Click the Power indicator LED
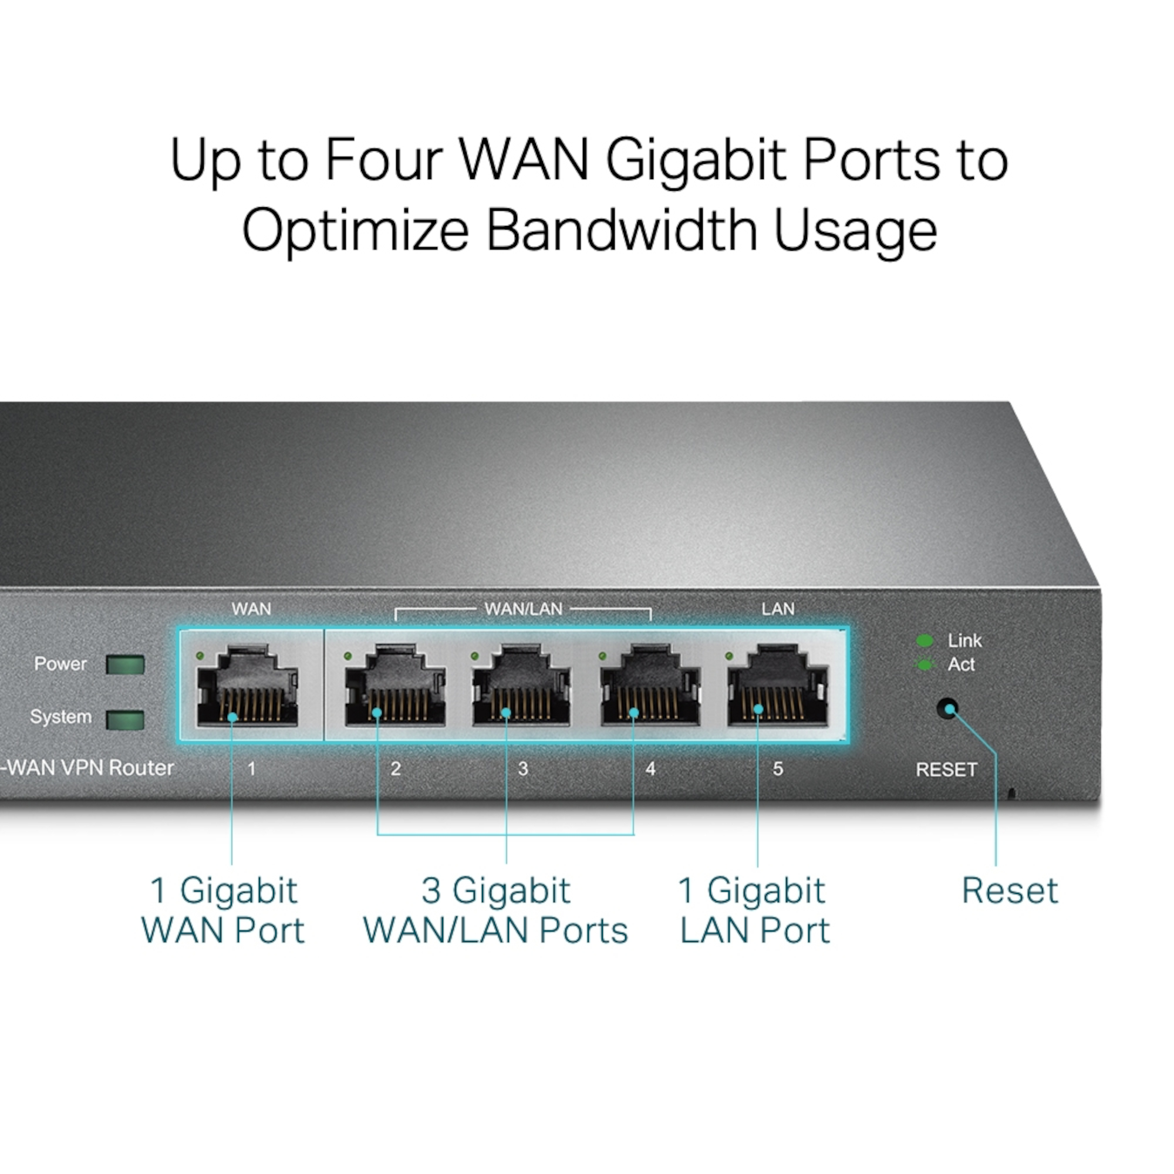125,665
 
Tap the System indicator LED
125,720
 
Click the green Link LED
925,640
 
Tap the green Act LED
925,665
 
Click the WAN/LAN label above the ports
523,609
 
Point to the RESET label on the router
946,770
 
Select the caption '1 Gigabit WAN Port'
223,910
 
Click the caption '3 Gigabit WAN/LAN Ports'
496,910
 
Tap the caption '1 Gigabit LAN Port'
754,910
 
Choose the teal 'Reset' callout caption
1010,891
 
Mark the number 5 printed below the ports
778,769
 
